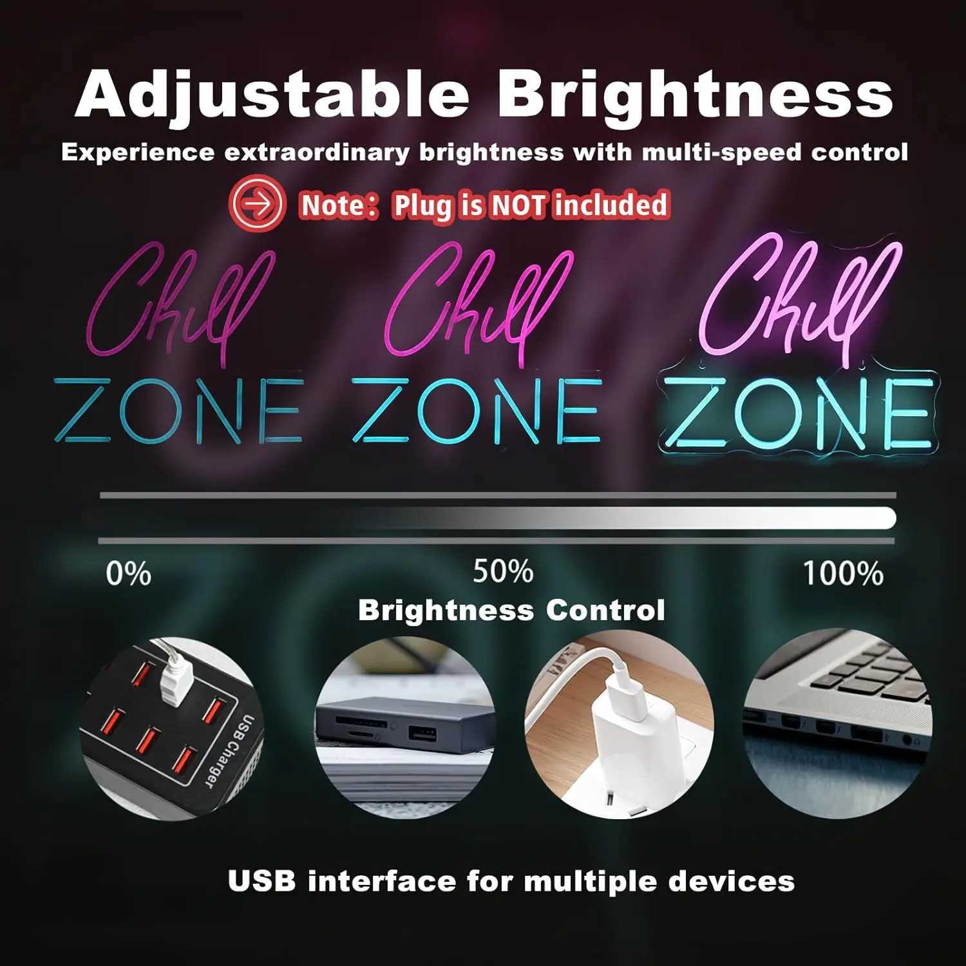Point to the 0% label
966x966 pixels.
128,573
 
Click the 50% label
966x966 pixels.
503,571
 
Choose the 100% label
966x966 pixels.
843,573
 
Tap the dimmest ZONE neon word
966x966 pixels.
178,410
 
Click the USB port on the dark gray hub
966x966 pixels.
422,734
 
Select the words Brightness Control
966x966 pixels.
511,611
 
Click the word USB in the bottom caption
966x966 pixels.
261,881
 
